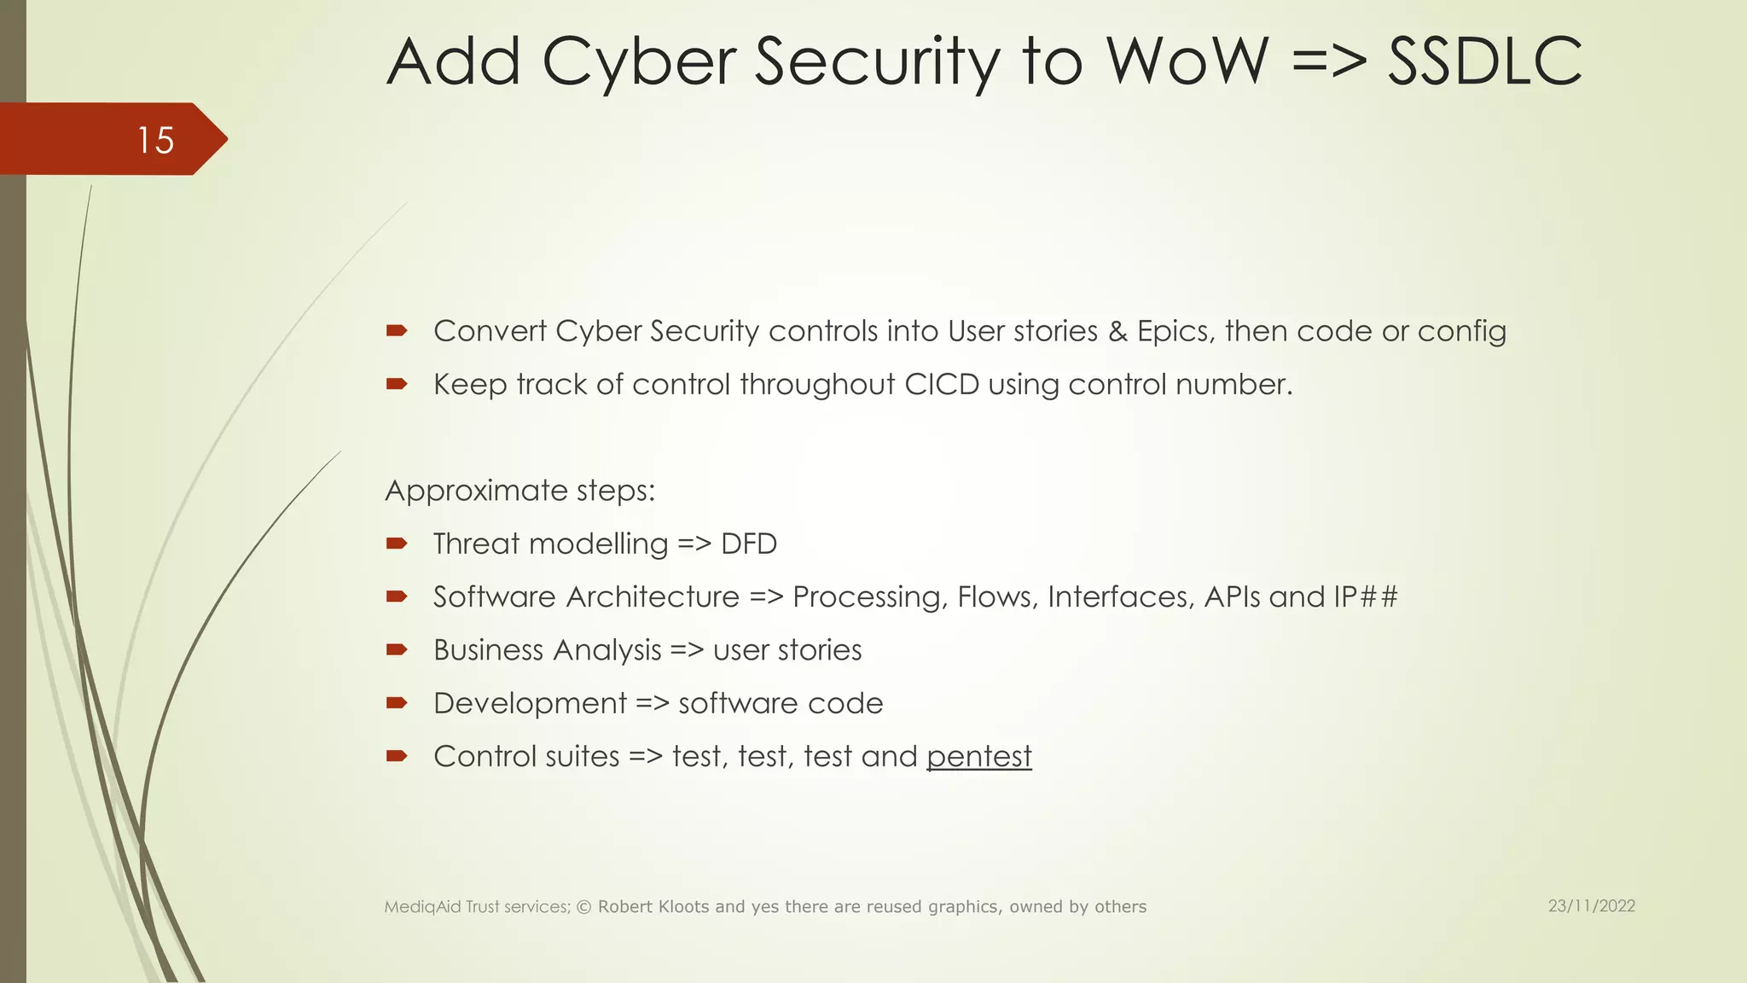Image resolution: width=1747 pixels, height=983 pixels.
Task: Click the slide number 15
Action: click(x=155, y=140)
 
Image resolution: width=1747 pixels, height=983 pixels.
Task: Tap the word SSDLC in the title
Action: click(x=1484, y=61)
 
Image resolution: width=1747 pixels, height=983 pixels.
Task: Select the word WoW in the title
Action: click(x=1187, y=61)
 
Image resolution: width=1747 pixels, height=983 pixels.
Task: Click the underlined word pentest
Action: click(x=978, y=757)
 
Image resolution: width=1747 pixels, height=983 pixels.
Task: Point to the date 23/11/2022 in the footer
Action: click(x=1591, y=906)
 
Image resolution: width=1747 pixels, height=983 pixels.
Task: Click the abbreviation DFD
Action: click(x=749, y=544)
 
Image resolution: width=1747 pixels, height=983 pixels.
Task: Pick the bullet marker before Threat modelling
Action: click(x=397, y=544)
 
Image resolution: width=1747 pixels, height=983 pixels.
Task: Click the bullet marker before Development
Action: click(x=397, y=703)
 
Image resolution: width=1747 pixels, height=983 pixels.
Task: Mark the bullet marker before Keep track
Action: click(x=397, y=384)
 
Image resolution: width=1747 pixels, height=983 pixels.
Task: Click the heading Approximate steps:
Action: click(x=519, y=491)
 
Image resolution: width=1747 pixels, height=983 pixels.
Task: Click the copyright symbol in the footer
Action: click(x=584, y=907)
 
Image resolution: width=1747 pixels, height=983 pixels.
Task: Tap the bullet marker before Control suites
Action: click(x=397, y=756)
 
